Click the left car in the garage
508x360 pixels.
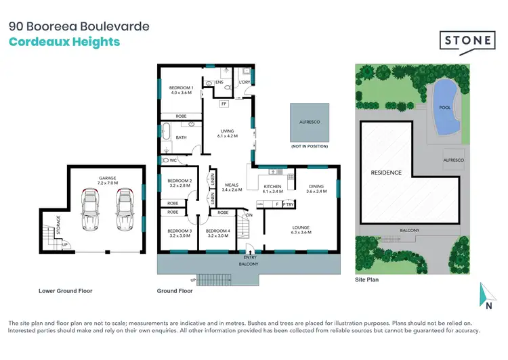pyautogui.click(x=90, y=211)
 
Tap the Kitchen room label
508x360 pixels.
pyautogui.click(x=272, y=189)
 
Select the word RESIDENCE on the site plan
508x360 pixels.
pyautogui.click(x=386, y=173)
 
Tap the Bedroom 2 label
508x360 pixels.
pyautogui.click(x=181, y=183)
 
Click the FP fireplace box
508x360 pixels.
pyautogui.click(x=224, y=104)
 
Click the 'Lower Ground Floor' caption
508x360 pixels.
pyautogui.click(x=66, y=291)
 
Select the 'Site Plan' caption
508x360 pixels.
pyautogui.click(x=368, y=279)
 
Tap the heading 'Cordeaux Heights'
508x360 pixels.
pyautogui.click(x=64, y=42)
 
